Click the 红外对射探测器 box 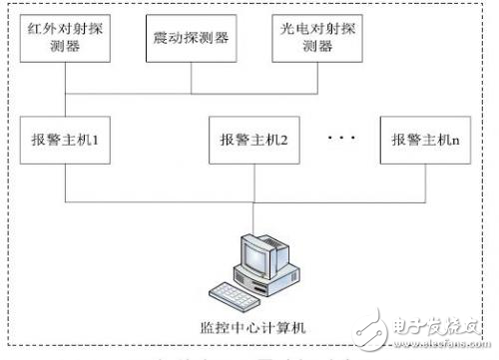[x=66, y=38]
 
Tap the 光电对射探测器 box [x=317, y=39]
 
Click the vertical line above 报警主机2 [x=253, y=107]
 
